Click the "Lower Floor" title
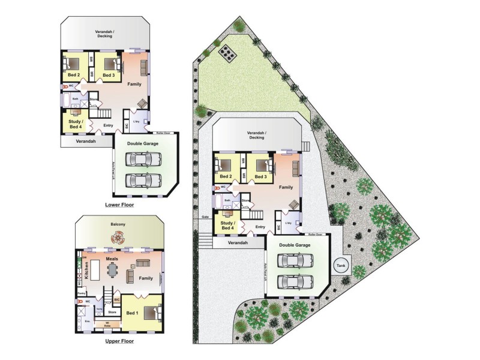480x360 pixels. (119, 205)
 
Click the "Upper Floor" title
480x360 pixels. (119, 341)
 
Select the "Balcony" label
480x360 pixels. (118, 225)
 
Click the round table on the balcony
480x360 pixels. (118, 238)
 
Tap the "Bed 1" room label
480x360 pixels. (133, 313)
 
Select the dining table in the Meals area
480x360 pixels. (112, 272)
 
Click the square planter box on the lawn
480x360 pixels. (227, 54)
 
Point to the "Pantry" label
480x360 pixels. (80, 293)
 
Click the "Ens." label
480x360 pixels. (87, 322)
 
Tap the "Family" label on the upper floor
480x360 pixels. (146, 278)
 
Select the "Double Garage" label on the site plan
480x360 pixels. (294, 245)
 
